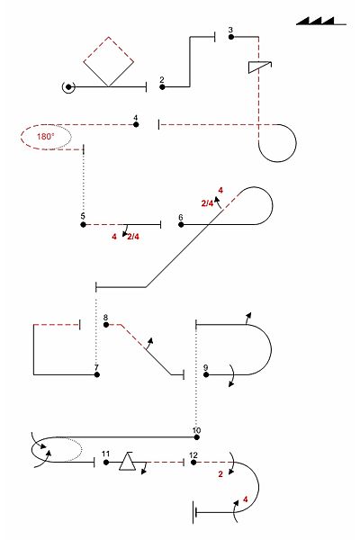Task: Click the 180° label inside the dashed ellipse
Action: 46,137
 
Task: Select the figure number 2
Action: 162,79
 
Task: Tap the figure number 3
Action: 230,30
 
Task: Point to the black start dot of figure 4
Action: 136,124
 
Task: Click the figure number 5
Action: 83,216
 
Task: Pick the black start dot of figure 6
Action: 181,224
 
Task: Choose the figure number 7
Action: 96,368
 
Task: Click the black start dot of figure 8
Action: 106,325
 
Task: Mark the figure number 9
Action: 206,367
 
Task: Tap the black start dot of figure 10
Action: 197,437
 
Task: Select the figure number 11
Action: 106,454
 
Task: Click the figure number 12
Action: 193,454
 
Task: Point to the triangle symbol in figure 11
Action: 128,461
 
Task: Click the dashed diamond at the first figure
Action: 109,61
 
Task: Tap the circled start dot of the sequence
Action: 68,87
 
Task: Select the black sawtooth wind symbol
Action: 321,21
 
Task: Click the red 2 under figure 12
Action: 220,474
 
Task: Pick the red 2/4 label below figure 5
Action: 133,237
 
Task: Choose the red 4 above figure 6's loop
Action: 220,190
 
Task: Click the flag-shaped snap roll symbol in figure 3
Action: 259,67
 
